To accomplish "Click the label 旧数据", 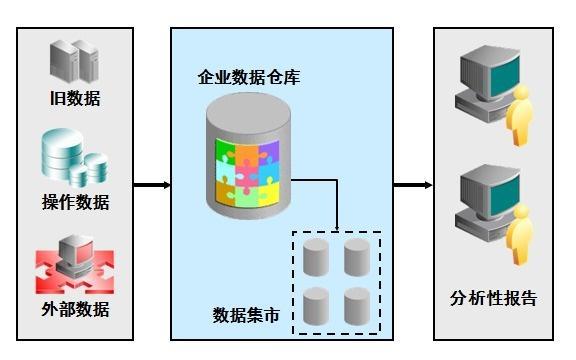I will (x=75, y=99).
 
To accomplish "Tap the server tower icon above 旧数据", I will (x=75, y=59).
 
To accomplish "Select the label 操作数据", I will (x=75, y=202).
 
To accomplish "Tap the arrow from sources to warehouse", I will (x=151, y=185).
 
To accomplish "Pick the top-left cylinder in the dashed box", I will (x=316, y=258).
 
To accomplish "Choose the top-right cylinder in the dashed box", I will (x=357, y=258).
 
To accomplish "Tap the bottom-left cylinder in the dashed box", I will (x=316, y=306).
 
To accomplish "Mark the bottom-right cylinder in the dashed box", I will (x=357, y=306).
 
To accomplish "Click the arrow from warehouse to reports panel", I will (x=411, y=185).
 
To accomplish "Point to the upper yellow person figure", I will (x=518, y=116).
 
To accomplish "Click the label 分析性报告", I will (x=494, y=298).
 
